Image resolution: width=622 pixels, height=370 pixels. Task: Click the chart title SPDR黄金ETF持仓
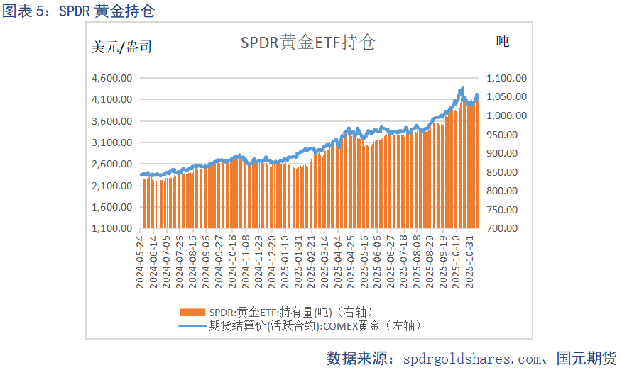click(x=307, y=43)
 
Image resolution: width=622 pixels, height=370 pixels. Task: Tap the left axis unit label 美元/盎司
click(x=121, y=47)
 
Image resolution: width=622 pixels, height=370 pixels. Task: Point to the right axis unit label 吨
click(x=502, y=42)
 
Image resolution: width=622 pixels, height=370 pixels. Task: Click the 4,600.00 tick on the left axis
click(x=112, y=78)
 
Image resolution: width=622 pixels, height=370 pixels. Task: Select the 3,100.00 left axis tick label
click(x=112, y=142)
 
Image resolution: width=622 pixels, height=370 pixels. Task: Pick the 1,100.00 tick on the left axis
click(x=112, y=229)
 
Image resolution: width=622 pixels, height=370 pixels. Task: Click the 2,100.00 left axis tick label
click(x=112, y=186)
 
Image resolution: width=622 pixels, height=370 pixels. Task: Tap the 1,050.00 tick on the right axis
click(x=506, y=97)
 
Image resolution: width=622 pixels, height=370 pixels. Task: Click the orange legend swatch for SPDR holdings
click(x=192, y=312)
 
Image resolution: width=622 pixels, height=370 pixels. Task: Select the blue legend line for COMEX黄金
click(x=192, y=325)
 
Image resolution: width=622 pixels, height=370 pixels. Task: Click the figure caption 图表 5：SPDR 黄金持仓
click(x=79, y=11)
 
